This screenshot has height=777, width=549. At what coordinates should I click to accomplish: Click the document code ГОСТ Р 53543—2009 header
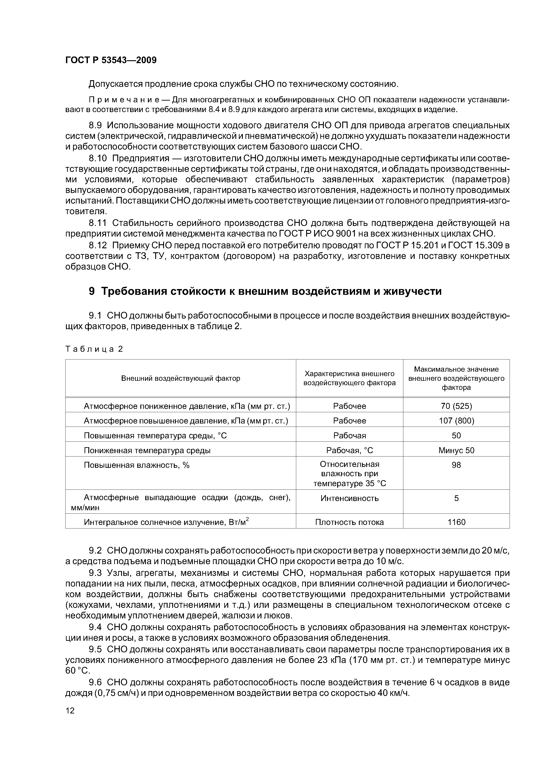pyautogui.click(x=111, y=60)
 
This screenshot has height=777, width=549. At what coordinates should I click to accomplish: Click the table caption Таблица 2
pyautogui.click(x=94, y=349)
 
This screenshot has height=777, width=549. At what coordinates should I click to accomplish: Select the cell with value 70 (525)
pyautogui.click(x=456, y=406)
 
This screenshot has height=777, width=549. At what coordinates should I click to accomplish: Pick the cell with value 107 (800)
pyautogui.click(x=456, y=421)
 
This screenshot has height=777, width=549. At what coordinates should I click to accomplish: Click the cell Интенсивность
pyautogui.click(x=349, y=498)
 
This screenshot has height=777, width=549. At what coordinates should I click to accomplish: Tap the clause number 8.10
pyautogui.click(x=98, y=158)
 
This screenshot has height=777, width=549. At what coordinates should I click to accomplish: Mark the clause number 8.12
pyautogui.click(x=98, y=245)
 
